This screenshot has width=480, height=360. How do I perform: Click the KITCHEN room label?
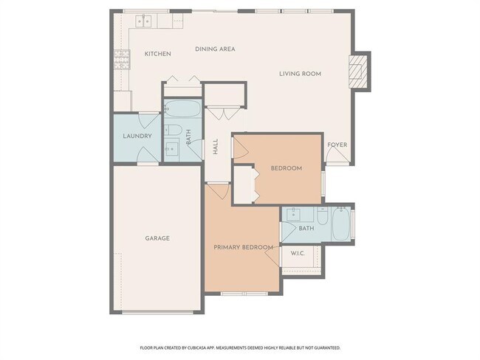click(157, 54)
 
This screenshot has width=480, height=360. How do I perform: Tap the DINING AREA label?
click(215, 49)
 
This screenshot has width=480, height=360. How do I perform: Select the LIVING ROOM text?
click(300, 73)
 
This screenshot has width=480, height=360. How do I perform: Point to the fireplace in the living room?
click(359, 71)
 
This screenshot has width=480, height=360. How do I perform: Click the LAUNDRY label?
click(137, 136)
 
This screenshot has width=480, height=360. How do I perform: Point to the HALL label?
click(216, 146)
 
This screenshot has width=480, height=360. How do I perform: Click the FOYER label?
click(337, 145)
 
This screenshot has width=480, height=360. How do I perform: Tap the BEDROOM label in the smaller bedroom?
click(286, 168)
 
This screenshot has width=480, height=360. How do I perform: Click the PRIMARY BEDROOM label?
click(244, 247)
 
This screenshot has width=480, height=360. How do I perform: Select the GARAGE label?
click(157, 238)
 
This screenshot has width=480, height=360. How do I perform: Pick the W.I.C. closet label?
click(298, 254)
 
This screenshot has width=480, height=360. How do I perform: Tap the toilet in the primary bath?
click(322, 217)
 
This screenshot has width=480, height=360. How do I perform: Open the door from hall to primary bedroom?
click(217, 193)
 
